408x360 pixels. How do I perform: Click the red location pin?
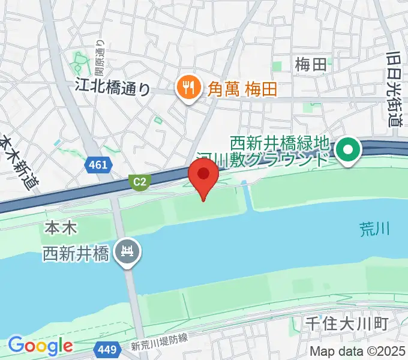(x=203, y=176)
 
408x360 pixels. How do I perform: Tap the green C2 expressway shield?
(x=139, y=181)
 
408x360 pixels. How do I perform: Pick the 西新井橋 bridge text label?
(x=76, y=254)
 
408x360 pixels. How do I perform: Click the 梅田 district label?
(x=311, y=64)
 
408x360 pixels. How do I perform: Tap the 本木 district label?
(x=59, y=228)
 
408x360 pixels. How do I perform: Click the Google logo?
(x=40, y=346)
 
